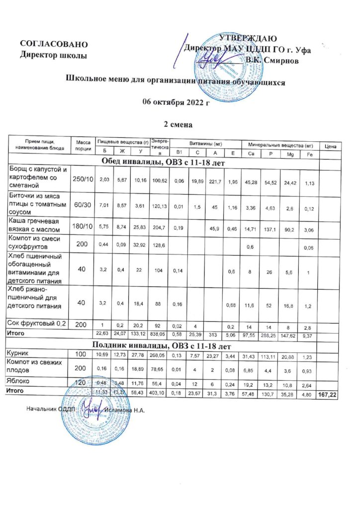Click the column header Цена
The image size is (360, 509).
point(331,146)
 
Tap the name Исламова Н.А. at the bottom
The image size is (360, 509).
point(127,409)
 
